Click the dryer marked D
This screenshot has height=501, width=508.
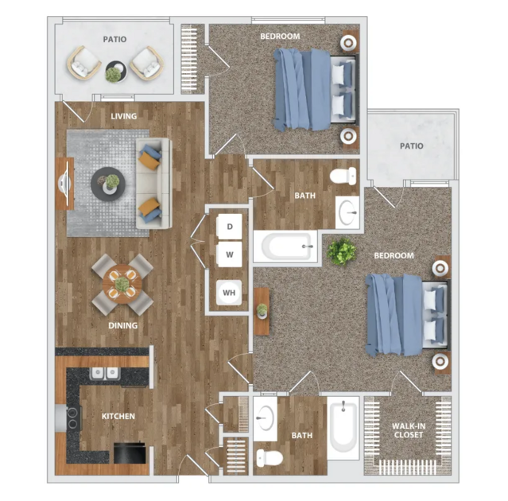tap(230, 227)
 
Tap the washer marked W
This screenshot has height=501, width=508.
tap(230, 254)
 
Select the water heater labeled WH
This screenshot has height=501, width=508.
tap(229, 293)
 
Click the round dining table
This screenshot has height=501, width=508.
tap(122, 284)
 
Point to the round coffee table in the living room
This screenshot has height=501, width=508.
tap(108, 184)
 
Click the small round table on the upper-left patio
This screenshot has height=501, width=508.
tap(115, 72)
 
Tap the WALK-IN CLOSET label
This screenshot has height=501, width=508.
tap(408, 430)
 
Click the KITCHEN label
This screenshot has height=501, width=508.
tap(118, 416)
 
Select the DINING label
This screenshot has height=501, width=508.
tap(122, 325)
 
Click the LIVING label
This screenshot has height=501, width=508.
tap(124, 116)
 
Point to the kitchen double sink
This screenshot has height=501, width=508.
tap(105, 373)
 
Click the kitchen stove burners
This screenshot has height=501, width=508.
tap(73, 417)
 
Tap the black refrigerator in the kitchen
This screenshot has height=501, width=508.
tap(130, 452)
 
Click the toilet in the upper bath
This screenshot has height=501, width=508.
tap(343, 176)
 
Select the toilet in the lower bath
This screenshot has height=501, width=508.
tap(270, 458)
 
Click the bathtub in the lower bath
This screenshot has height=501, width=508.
tap(343, 427)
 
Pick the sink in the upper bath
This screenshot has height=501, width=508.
tap(347, 212)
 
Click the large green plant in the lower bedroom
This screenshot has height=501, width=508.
tap(342, 251)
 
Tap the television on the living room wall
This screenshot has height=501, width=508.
tap(64, 184)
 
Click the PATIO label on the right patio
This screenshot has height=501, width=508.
tap(412, 146)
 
